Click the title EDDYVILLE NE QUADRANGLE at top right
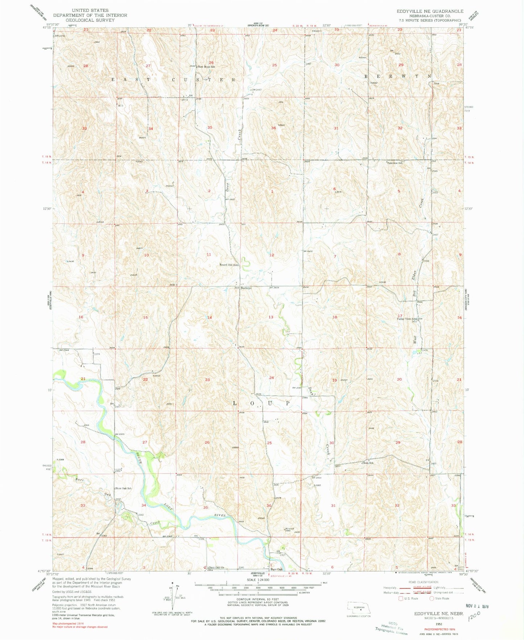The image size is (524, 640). click(430, 11)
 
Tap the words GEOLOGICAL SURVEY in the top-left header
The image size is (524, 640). click(90, 20)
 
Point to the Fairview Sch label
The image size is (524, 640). click(395, 163)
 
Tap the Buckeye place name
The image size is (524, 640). click(246, 288)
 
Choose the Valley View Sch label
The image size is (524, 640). click(407, 319)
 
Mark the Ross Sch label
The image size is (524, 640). click(369, 463)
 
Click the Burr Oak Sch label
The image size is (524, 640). click(124, 489)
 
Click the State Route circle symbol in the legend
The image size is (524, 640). click(432, 598)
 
